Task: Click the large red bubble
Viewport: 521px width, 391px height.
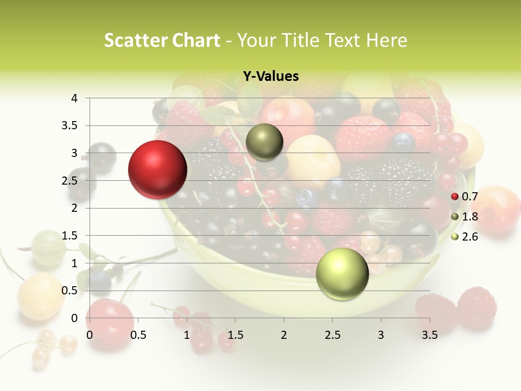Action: pos(158,169)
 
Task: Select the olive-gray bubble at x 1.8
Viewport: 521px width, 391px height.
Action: pos(265,142)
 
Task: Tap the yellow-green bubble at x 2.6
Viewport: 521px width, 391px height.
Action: pos(342,274)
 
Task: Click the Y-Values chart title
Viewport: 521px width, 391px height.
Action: pos(271,77)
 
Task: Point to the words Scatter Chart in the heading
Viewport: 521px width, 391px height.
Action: pos(162,40)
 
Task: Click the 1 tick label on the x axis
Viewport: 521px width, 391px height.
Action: pos(187,335)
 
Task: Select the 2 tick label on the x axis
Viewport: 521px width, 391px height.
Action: pos(284,335)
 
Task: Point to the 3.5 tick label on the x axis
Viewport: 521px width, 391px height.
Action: pos(429,335)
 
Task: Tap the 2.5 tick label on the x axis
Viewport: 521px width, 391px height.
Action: pos(332,335)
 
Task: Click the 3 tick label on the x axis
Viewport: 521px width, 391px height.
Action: pos(381,335)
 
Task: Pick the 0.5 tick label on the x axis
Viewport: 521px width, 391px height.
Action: pos(138,335)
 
